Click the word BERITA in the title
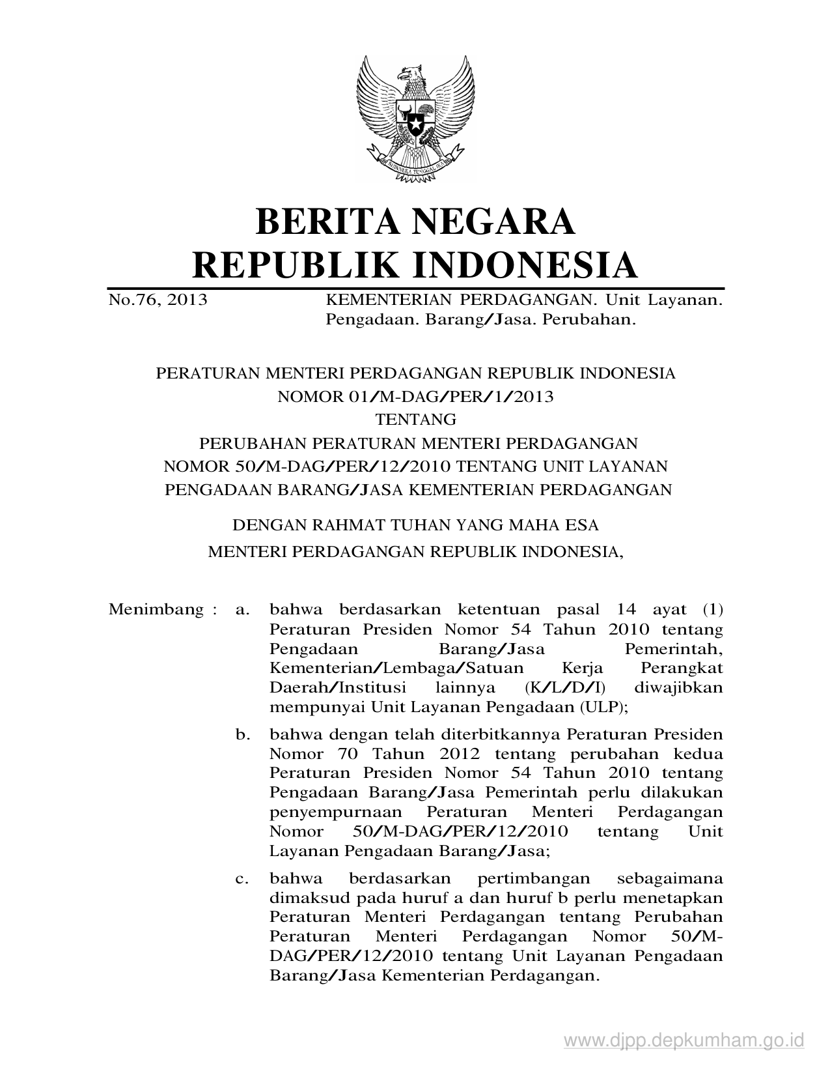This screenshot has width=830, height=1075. pyautogui.click(x=331, y=222)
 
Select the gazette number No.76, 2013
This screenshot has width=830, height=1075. pyautogui.click(x=158, y=300)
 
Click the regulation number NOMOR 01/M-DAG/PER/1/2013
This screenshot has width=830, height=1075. pyautogui.click(x=415, y=396)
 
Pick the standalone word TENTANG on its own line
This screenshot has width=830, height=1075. pyautogui.click(x=415, y=419)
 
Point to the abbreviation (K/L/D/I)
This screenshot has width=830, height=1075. pyautogui.click(x=565, y=687)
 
